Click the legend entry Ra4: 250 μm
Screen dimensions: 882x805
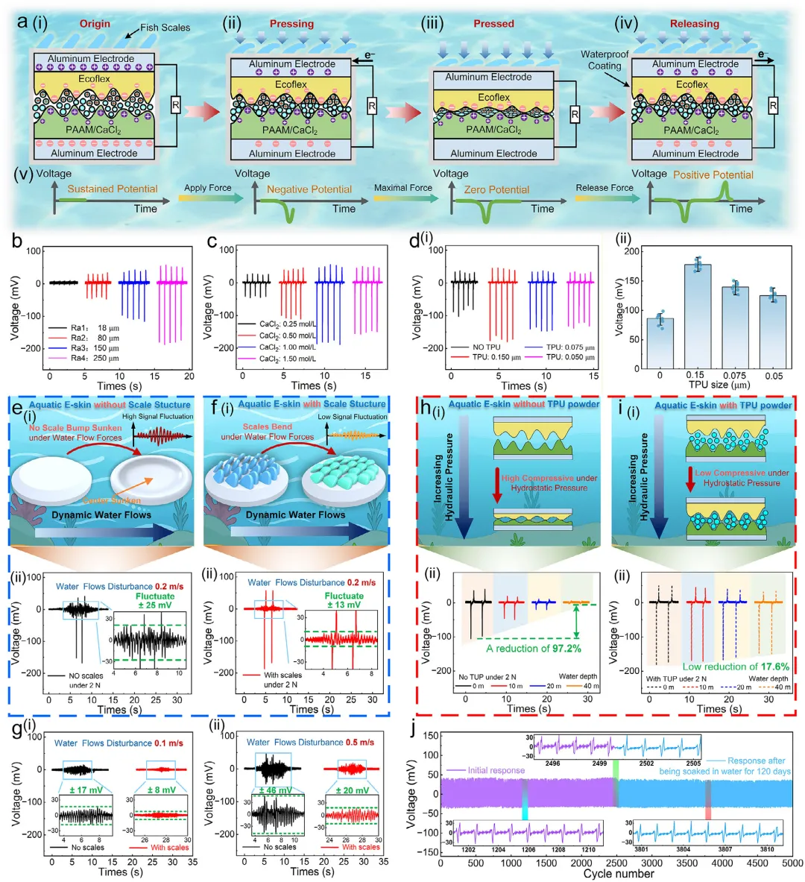tap(83, 359)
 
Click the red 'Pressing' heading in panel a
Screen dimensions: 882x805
tap(291, 23)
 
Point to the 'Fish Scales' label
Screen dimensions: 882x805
tap(165, 28)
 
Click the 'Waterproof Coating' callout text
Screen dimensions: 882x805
tap(604, 60)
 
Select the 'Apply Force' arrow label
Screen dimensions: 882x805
tap(207, 188)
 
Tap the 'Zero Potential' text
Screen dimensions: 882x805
tap(496, 189)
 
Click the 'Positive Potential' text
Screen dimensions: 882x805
tap(713, 175)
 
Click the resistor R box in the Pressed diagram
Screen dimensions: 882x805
tap(575, 115)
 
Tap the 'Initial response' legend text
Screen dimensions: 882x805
tap(496, 770)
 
